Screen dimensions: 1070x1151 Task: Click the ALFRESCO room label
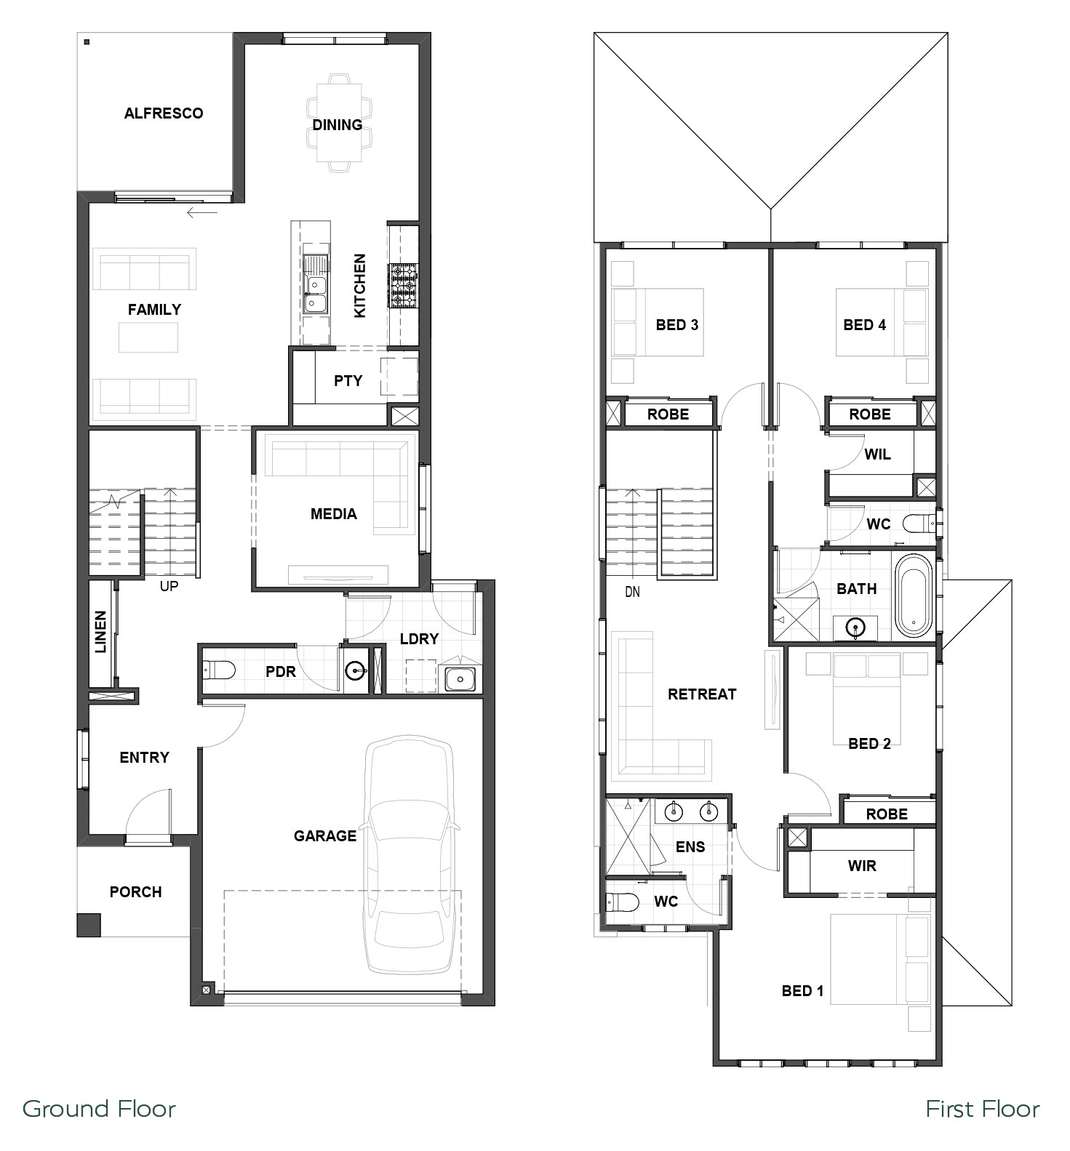click(x=164, y=113)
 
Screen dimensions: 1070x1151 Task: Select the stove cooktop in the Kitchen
click(x=404, y=286)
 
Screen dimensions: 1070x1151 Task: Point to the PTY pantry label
click(x=348, y=380)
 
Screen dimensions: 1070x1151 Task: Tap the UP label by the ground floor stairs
click(x=169, y=586)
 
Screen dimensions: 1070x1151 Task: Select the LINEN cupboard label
click(x=100, y=631)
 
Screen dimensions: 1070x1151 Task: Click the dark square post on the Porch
click(x=89, y=925)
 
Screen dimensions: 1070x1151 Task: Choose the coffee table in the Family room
click(x=148, y=337)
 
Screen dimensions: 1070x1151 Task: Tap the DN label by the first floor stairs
click(x=633, y=592)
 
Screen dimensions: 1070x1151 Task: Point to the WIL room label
click(x=878, y=454)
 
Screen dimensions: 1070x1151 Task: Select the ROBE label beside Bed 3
click(x=668, y=414)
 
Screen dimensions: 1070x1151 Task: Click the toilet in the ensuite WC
click(x=621, y=902)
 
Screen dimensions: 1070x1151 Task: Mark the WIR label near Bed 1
click(x=862, y=866)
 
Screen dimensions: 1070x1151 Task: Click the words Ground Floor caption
click(x=100, y=1109)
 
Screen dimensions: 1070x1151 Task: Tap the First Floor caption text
click(x=983, y=1109)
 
